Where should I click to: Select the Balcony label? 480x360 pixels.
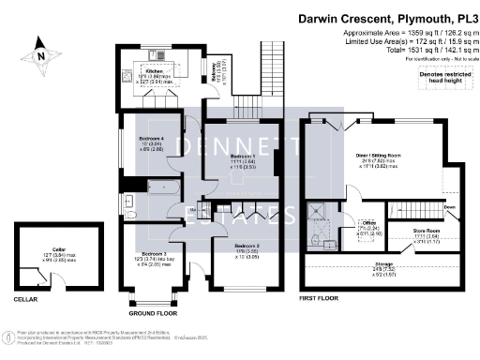click(x=217, y=66)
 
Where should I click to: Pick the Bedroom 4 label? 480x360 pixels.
click(x=151, y=139)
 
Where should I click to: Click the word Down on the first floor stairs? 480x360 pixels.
click(x=450, y=209)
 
